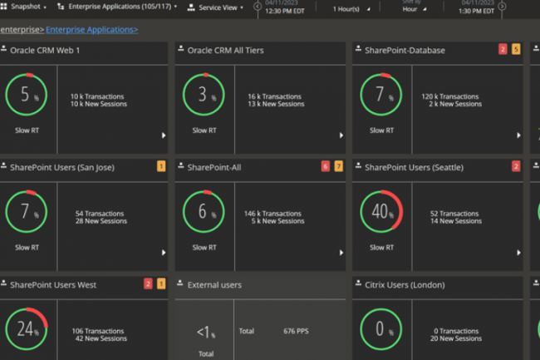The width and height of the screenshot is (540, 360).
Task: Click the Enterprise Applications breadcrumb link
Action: tap(91, 30)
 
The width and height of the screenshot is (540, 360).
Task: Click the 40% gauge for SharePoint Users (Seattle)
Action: tap(380, 212)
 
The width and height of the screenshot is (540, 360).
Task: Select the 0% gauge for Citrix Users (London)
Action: tap(380, 328)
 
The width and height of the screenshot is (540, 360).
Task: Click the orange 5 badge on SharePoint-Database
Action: tap(516, 49)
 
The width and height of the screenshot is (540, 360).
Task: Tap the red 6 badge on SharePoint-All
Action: tap(326, 166)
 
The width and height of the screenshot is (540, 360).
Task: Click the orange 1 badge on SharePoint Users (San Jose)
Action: tap(161, 166)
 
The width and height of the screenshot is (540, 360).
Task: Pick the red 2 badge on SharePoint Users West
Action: tap(148, 284)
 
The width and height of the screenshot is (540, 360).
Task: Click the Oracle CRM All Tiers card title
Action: tap(225, 50)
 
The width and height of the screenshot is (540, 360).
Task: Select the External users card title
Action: tap(214, 284)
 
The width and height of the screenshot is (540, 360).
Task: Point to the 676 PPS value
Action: tap(297, 331)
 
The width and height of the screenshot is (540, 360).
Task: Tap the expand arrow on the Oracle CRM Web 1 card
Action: tap(164, 136)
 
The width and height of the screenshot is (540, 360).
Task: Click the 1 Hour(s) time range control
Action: tap(346, 9)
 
